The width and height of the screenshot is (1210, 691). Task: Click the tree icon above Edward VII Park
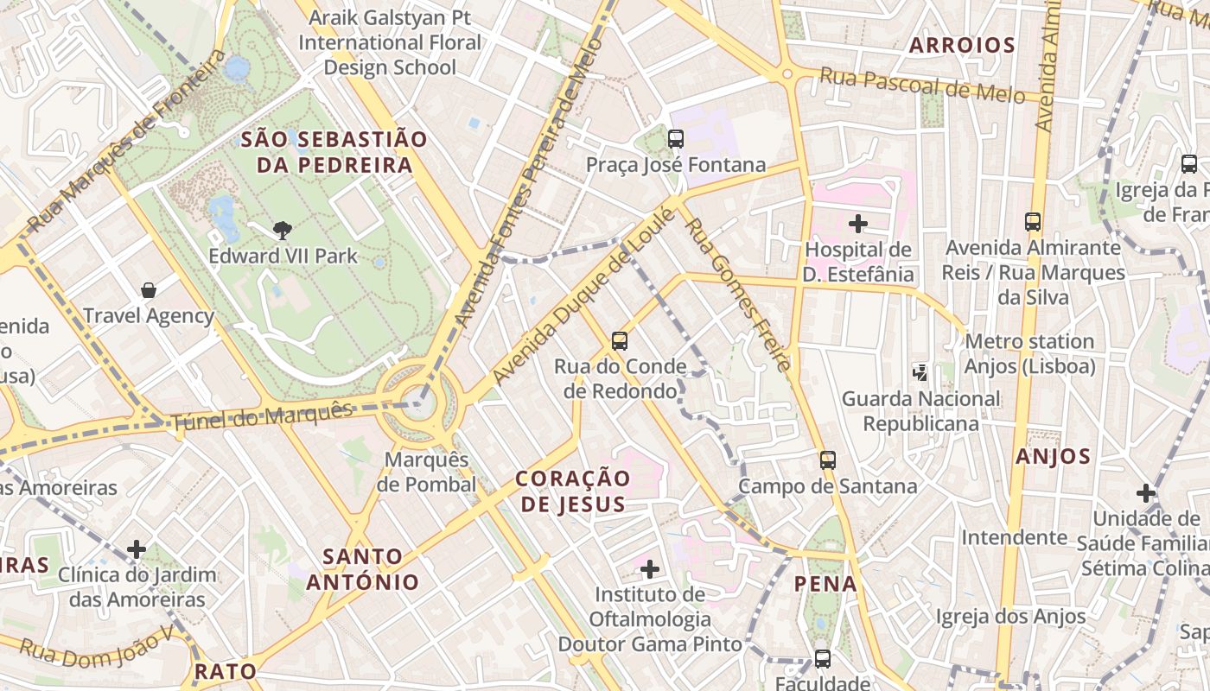point(282,230)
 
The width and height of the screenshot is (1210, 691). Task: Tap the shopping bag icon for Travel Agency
point(149,289)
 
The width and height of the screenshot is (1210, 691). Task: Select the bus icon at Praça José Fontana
point(676,138)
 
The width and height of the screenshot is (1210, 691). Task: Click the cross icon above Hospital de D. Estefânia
point(857,224)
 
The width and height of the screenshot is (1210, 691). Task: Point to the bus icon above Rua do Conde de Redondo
point(620,340)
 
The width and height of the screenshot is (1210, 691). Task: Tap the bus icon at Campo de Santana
point(828,460)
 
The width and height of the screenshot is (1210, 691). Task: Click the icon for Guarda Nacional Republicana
point(920,373)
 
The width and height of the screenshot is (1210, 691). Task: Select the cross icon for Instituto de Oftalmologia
point(650,568)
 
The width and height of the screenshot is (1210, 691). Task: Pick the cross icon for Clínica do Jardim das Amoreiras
point(137,548)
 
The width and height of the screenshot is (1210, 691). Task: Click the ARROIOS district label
point(961,46)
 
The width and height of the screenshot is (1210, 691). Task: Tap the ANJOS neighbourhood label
point(1053,456)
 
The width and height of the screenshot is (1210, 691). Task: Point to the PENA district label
point(825,584)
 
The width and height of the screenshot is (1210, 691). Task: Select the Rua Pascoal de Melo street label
point(921,86)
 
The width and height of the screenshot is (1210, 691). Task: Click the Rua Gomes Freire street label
point(737,294)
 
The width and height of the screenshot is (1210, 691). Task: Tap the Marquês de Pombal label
point(426,472)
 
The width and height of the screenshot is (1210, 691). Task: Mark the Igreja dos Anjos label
point(1011,616)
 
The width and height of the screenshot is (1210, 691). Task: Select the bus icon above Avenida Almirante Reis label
point(1033,222)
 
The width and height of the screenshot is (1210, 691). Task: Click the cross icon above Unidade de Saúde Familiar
point(1145,493)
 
